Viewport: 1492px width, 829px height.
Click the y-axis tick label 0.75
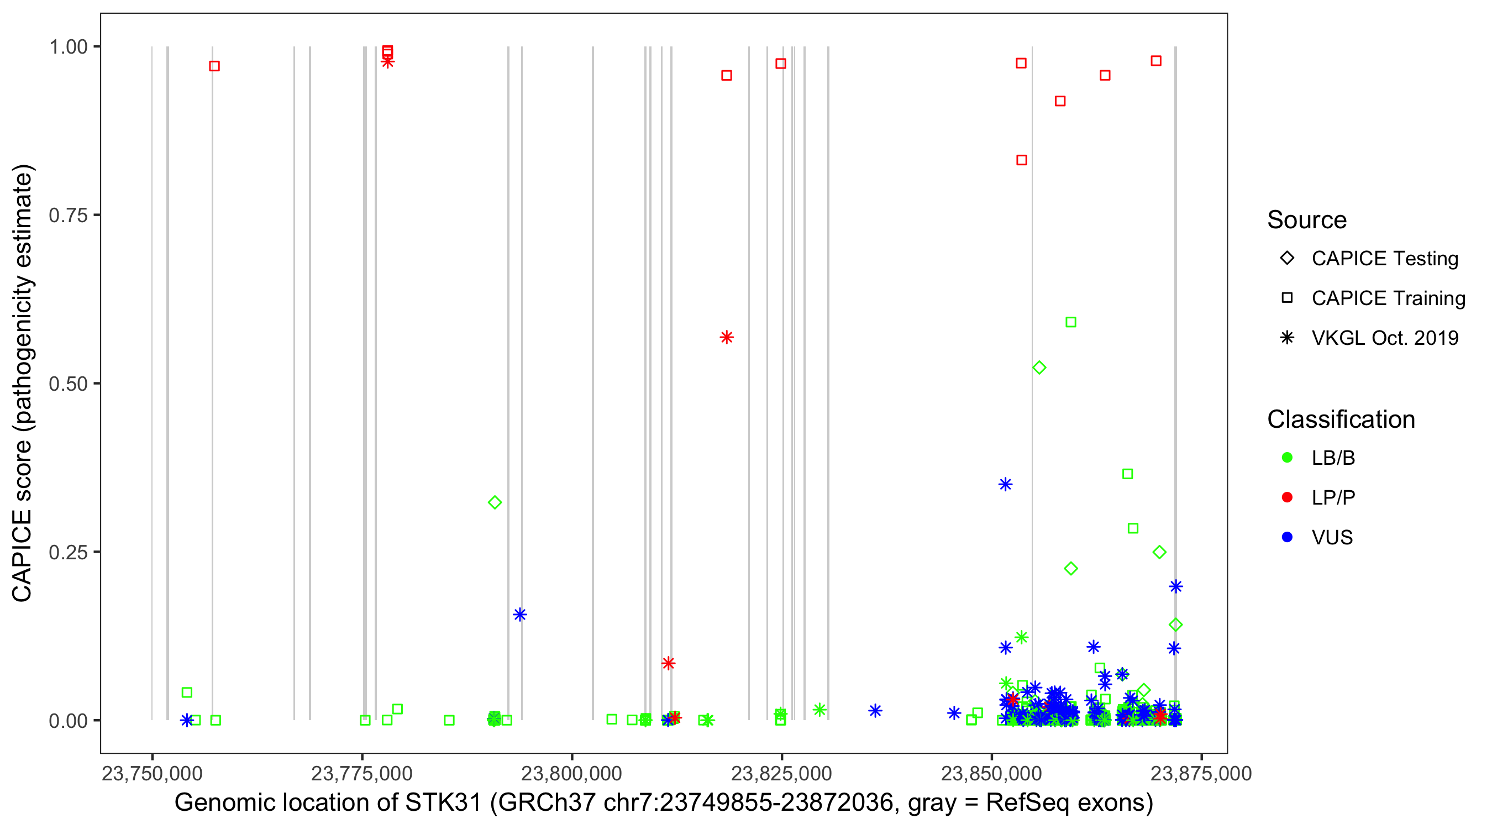coord(67,215)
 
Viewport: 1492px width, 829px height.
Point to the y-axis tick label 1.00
coord(67,46)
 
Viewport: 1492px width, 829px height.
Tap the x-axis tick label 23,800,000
coord(572,773)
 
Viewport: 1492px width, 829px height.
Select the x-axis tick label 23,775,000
coord(362,773)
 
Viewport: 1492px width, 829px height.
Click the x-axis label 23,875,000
coord(1201,773)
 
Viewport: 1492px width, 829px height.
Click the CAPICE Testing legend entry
coord(1384,259)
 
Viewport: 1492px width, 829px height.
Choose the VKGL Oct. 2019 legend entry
coord(1384,338)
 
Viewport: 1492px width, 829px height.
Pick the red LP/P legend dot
coord(1287,497)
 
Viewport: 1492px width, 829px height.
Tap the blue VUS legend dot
coord(1287,537)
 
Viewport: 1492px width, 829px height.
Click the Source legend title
coord(1307,220)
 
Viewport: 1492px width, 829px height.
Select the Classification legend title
coord(1341,419)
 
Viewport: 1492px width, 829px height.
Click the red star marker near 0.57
coord(726,337)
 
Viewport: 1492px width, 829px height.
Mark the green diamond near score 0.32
coord(495,502)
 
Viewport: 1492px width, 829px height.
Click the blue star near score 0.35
coord(1006,484)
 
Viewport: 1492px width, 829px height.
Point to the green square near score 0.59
coord(1071,322)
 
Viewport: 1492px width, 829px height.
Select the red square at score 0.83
coord(1022,160)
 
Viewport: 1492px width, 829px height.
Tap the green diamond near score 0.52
coord(1039,368)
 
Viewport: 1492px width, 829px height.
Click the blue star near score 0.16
coord(519,615)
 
